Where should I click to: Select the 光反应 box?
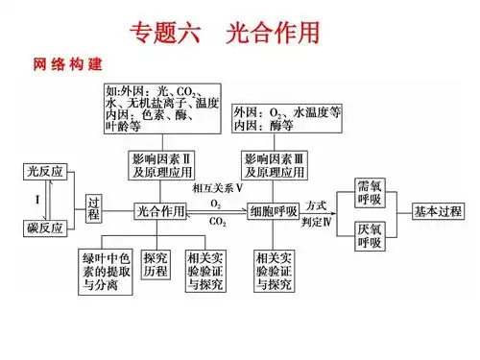pyautogui.click(x=43, y=171)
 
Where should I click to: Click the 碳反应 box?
pyautogui.click(x=43, y=228)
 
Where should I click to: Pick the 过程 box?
pyautogui.click(x=93, y=209)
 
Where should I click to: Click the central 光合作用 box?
pyautogui.click(x=159, y=209)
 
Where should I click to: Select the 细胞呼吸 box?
pyautogui.click(x=273, y=209)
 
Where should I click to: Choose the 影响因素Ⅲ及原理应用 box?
pyautogui.click(x=276, y=165)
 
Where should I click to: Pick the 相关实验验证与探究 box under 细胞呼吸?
pyautogui.click(x=275, y=271)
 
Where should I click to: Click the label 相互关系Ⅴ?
pyautogui.click(x=217, y=189)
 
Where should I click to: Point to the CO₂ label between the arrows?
pyautogui.click(x=218, y=223)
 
